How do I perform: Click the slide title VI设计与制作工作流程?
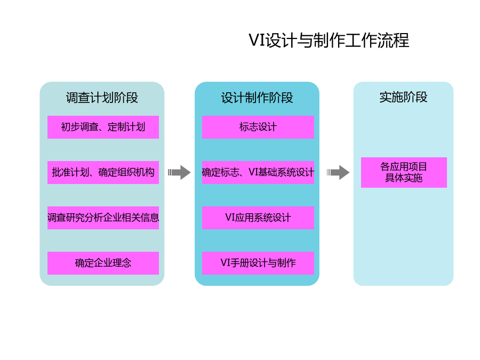329,41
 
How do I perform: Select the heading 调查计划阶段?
102,98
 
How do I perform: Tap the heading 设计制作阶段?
257,98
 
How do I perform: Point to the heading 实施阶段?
403,97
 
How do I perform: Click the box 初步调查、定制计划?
103,127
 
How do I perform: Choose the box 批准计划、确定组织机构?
103,172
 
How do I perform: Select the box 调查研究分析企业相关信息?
103,218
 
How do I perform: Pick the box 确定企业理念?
103,263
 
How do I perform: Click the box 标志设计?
258,127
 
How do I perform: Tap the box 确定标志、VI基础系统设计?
258,172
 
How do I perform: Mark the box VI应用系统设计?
258,218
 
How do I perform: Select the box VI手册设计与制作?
258,263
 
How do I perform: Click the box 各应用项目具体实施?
404,172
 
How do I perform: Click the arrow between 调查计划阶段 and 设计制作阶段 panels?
179,172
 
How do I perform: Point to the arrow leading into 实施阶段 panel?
338,172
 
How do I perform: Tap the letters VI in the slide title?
257,41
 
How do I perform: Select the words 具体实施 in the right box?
404,178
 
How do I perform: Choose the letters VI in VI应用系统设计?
230,218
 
